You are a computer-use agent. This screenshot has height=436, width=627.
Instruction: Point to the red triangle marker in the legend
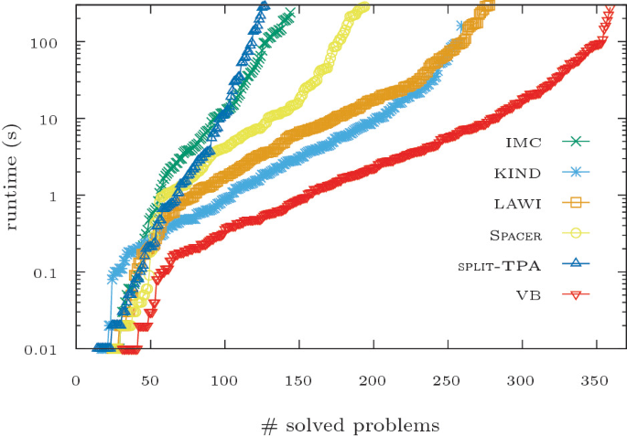(x=578, y=295)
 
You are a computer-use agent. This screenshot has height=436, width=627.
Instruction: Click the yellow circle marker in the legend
(x=578, y=234)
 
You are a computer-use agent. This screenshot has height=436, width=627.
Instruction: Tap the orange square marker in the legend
(x=578, y=203)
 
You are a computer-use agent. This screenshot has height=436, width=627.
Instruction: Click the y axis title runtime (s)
(x=13, y=176)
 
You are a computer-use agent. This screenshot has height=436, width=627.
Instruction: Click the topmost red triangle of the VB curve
(x=611, y=10)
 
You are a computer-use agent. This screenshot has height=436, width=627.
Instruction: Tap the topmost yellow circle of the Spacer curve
(x=364, y=7)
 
